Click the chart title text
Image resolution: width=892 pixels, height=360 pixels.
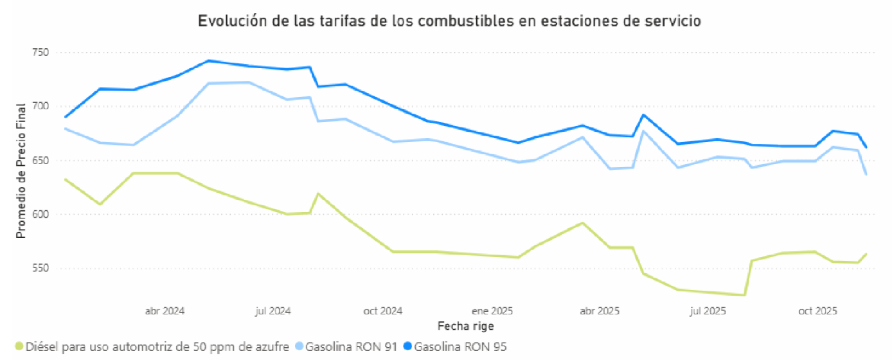click(x=449, y=21)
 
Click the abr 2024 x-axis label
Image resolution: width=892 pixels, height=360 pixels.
click(x=165, y=311)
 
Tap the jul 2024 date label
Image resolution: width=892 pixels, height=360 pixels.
click(x=272, y=311)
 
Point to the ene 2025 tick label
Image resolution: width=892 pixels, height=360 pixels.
click(x=492, y=311)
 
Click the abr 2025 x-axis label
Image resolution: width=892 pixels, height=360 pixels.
click(x=599, y=311)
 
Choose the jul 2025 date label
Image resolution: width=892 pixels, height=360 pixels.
click(x=707, y=311)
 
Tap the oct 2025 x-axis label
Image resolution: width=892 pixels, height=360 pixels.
click(x=817, y=311)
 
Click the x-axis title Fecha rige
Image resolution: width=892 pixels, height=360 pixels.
click(x=465, y=326)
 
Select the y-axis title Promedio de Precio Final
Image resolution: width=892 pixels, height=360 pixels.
click(x=21, y=170)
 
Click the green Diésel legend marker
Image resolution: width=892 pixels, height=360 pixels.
click(x=19, y=347)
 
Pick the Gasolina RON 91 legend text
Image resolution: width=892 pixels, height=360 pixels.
click(x=342, y=347)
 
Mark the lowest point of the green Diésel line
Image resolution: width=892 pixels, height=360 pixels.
click(x=744, y=295)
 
